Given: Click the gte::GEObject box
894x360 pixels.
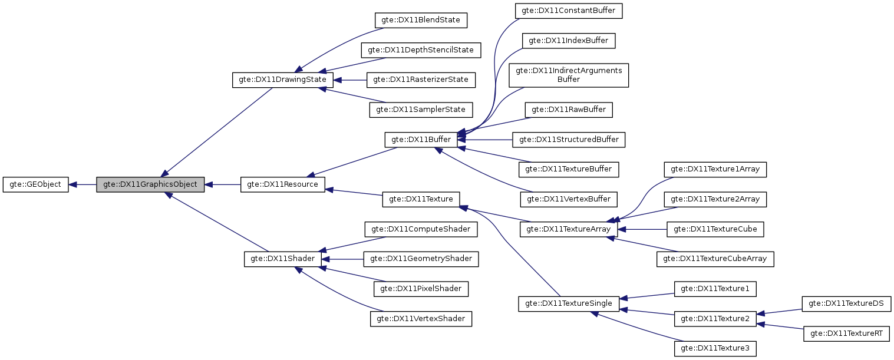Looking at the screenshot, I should (36, 184).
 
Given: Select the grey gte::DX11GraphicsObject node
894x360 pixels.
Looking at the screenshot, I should (150, 184).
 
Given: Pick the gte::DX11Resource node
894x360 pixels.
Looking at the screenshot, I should (282, 184).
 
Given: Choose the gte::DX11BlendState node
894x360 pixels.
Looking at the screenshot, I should (421, 20).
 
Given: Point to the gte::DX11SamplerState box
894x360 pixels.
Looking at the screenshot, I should (421, 110).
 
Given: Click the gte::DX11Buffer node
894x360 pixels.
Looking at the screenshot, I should (421, 140).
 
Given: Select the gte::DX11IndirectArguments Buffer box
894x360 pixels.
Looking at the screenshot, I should (569, 75).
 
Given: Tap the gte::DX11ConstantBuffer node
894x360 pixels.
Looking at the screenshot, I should (569, 11).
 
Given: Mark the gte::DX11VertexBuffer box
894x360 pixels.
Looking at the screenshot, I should (569, 199).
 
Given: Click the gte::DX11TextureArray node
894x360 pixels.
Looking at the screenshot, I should (568, 229).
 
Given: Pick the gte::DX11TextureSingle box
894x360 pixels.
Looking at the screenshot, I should (568, 304).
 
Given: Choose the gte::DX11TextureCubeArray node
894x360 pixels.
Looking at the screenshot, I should (715, 259).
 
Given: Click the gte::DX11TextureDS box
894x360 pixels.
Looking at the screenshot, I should (847, 303).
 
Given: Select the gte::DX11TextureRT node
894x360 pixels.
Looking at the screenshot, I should (847, 333).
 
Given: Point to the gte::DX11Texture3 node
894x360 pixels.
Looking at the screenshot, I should (715, 349).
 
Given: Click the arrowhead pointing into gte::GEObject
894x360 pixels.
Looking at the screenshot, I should (73, 184).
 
